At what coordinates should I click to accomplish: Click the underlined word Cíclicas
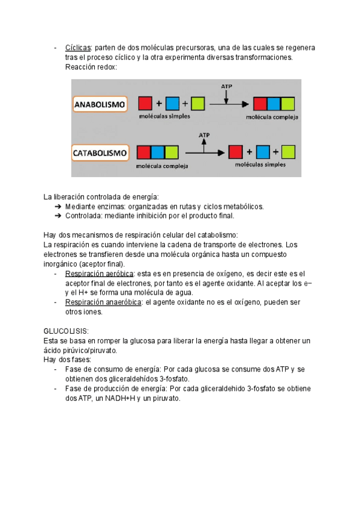coord(78,47)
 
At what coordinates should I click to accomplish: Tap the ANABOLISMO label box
coord(100,104)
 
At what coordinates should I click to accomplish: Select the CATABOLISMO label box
coord(100,153)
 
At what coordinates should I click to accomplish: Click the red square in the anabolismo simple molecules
coord(145,103)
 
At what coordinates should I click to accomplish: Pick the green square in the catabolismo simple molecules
coord(287,150)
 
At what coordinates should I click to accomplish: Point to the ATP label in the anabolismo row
coord(226,86)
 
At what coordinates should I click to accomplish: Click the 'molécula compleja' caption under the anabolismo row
coord(272,118)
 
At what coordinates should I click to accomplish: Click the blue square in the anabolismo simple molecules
coord(172,103)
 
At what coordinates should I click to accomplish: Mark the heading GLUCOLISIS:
coord(67,331)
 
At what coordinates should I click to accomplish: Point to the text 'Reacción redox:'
coord(91,67)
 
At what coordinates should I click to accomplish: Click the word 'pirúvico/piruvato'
coord(80,350)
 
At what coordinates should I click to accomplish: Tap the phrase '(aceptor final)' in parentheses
coord(103,264)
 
